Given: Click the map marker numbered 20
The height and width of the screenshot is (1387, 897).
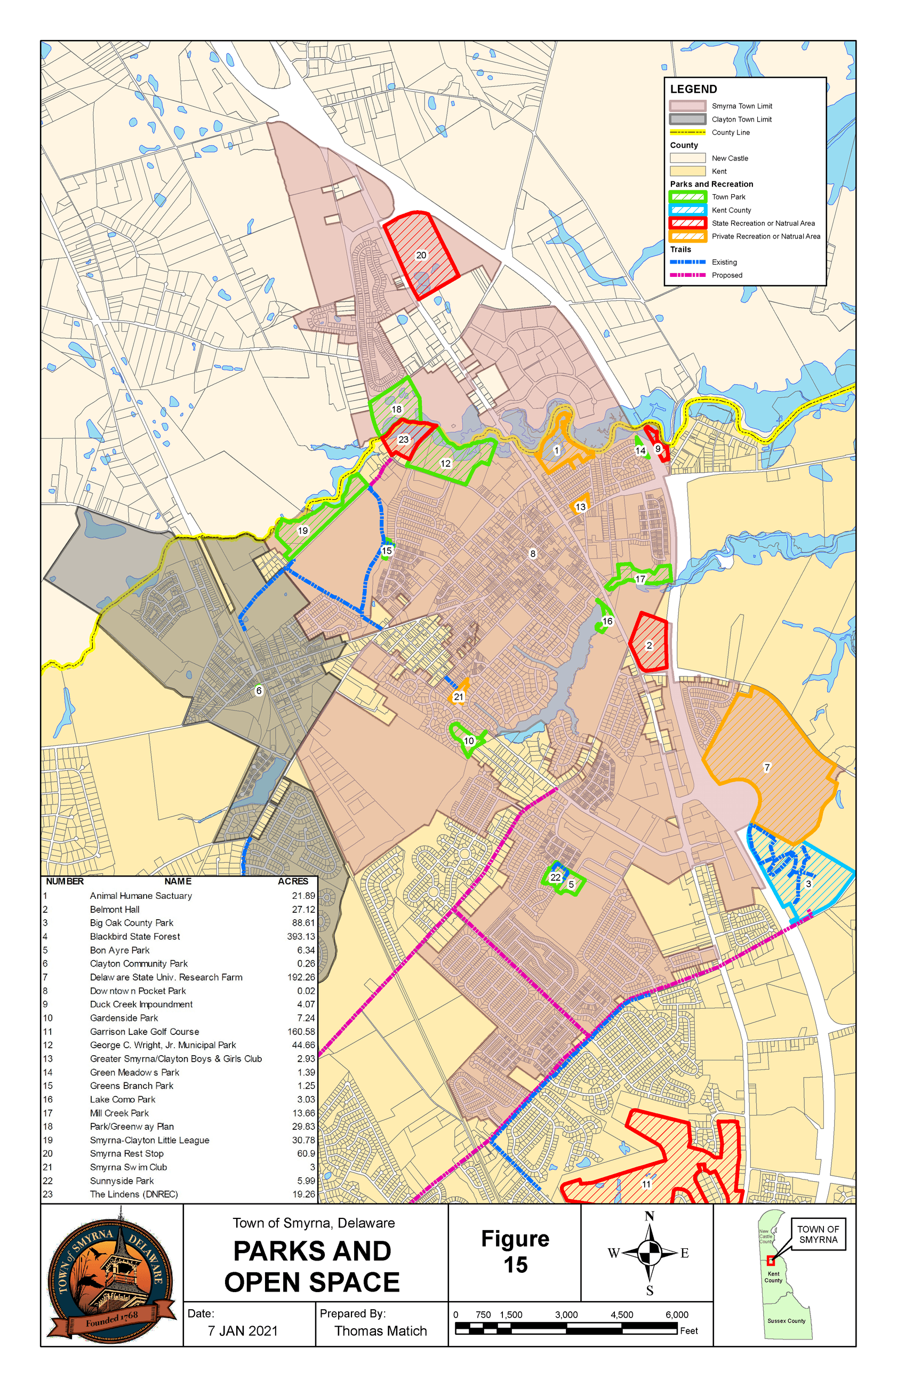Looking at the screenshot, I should [421, 255].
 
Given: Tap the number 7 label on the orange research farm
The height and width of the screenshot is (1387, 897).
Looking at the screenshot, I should [766, 768].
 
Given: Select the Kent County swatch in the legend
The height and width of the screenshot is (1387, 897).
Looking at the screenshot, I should [688, 210].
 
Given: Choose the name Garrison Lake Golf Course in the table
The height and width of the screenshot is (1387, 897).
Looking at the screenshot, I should [145, 1032].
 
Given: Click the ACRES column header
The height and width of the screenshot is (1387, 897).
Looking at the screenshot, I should [293, 881].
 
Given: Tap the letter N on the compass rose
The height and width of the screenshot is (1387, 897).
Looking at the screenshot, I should [650, 1216].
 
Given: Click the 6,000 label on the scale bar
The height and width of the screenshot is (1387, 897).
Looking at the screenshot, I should [677, 1315].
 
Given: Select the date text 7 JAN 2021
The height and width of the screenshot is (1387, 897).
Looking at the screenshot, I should [243, 1331].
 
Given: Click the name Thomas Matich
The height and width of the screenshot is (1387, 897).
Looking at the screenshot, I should [380, 1331].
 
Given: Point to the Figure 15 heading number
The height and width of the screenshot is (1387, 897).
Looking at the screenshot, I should [516, 1265].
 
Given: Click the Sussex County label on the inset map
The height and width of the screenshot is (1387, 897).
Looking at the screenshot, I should [786, 1321].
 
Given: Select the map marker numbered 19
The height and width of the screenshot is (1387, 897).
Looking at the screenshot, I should [303, 531].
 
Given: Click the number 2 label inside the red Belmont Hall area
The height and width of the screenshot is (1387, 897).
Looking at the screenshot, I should [649, 645].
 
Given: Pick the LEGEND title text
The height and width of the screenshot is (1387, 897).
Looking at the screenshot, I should [693, 89].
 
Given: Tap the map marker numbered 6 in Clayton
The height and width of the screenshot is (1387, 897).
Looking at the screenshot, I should [259, 691].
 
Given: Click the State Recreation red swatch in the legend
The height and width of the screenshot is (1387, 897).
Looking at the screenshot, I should [688, 223].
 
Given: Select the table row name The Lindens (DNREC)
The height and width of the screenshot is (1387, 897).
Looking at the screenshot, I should [133, 1194].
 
